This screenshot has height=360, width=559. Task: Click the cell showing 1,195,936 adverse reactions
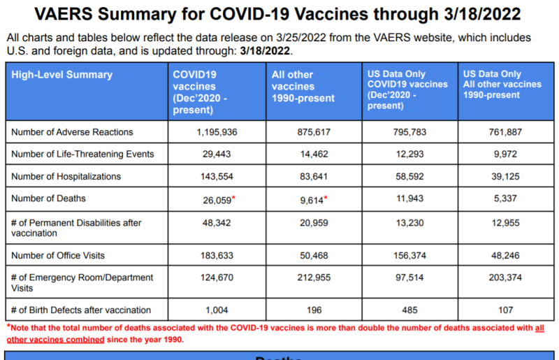(218, 132)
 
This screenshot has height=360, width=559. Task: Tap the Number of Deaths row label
(48, 199)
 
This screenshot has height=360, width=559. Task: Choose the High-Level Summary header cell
(62, 75)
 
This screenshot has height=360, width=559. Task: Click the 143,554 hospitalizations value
(218, 177)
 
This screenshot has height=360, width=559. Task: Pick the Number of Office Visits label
(54, 256)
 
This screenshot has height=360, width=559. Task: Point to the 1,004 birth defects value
(218, 310)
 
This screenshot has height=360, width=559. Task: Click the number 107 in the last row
(501, 310)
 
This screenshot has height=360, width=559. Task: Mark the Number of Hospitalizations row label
(66, 177)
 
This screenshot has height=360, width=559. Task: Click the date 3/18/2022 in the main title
(479, 15)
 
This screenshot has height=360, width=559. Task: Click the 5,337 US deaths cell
(501, 199)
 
